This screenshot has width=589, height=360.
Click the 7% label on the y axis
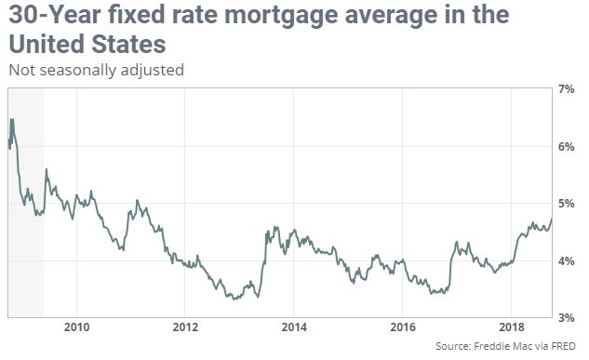pyautogui.click(x=566, y=89)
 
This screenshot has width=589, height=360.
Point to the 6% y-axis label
pyautogui.click(x=566, y=147)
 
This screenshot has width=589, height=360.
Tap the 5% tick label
pyautogui.click(x=566, y=204)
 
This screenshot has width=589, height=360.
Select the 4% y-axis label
pyautogui.click(x=566, y=260)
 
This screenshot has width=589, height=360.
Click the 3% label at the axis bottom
pyautogui.click(x=566, y=318)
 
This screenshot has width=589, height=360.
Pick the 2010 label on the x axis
pyautogui.click(x=76, y=327)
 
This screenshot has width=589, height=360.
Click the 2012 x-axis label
pyautogui.click(x=185, y=327)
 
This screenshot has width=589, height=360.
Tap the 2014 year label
pyautogui.click(x=294, y=327)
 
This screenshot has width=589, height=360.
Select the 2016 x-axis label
pyautogui.click(x=403, y=327)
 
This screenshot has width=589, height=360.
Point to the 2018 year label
pyautogui.click(x=511, y=327)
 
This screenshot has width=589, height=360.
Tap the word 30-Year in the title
pyautogui.click(x=55, y=14)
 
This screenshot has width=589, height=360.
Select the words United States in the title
pyautogui.click(x=87, y=44)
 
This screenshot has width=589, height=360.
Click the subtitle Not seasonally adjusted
pyautogui.click(x=96, y=70)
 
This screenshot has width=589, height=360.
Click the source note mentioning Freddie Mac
pyautogui.click(x=505, y=346)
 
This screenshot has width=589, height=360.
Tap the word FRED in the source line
pyautogui.click(x=563, y=345)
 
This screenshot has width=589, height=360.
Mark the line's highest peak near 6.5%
pyautogui.click(x=12, y=119)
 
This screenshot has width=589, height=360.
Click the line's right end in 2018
pyautogui.click(x=552, y=219)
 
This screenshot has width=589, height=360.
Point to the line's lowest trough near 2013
pyautogui.click(x=234, y=300)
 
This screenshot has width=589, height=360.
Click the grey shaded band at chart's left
pyautogui.click(x=26, y=203)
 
